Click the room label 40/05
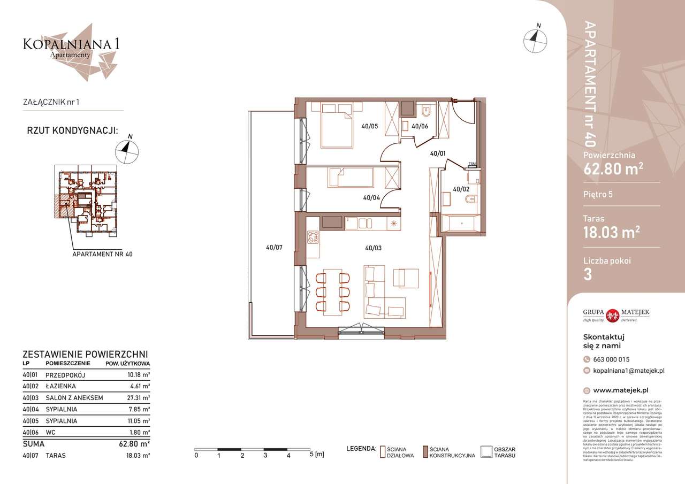point(369,127)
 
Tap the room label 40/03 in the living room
point(373,248)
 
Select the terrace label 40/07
point(275,248)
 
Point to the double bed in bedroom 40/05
point(337,125)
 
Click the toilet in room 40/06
point(427,112)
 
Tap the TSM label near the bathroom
point(471,164)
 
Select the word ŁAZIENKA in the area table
point(60,386)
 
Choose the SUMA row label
point(33,444)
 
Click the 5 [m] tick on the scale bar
point(311,455)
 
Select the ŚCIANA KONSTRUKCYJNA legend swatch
point(425,452)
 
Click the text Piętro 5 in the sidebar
point(598,194)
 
